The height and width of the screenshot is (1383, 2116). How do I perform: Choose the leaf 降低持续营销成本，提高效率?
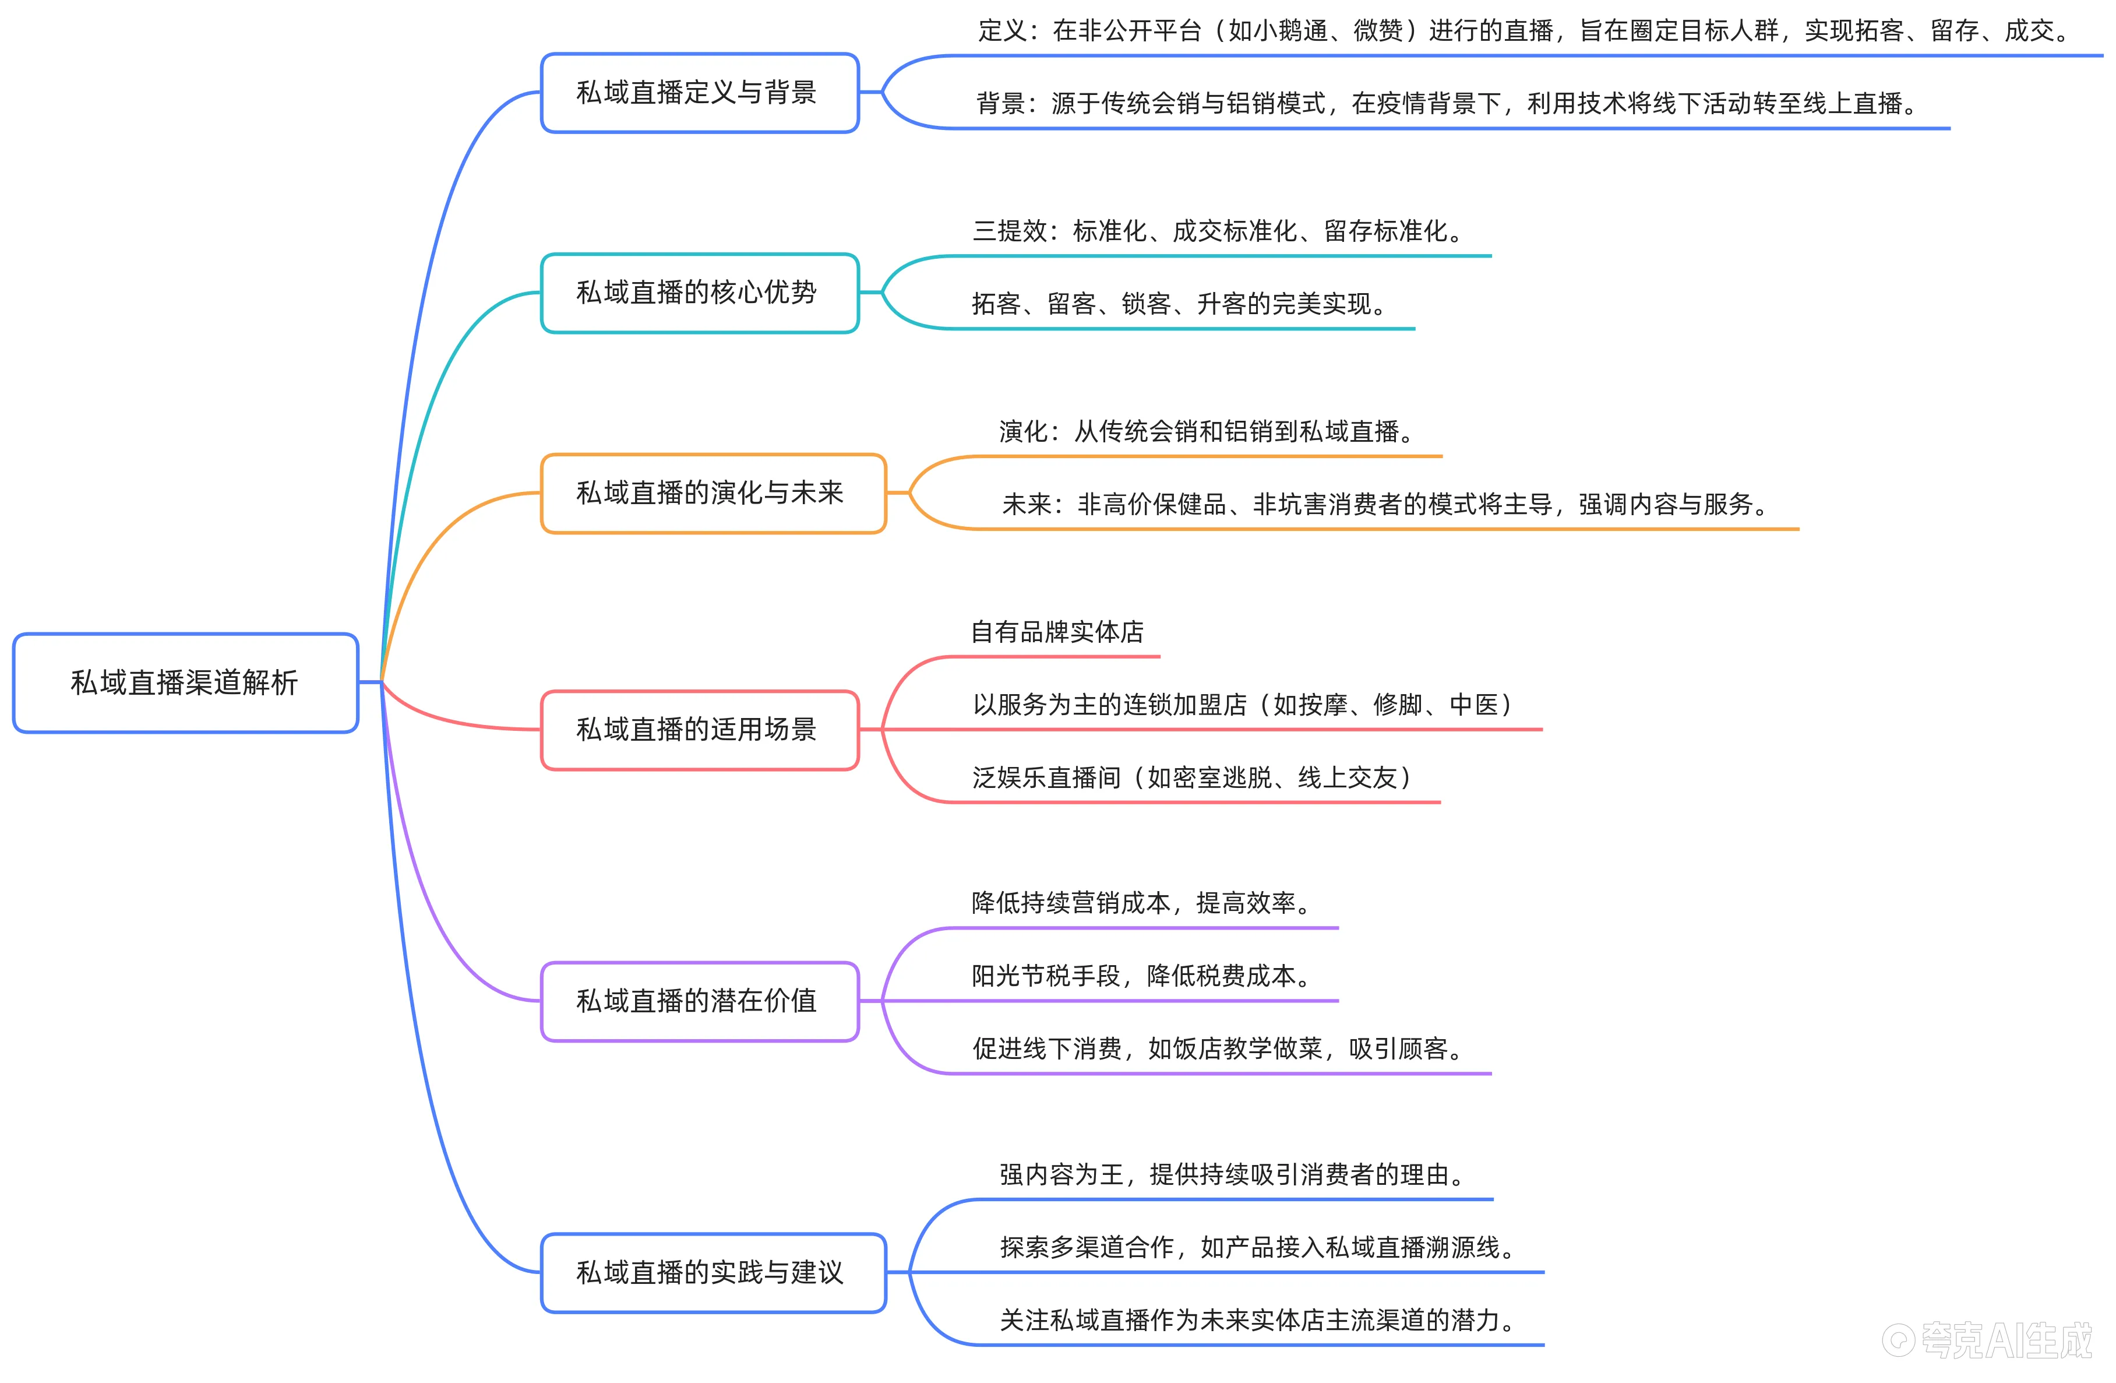point(1142,903)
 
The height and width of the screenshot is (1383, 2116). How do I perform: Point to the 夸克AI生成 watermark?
point(1988,1339)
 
